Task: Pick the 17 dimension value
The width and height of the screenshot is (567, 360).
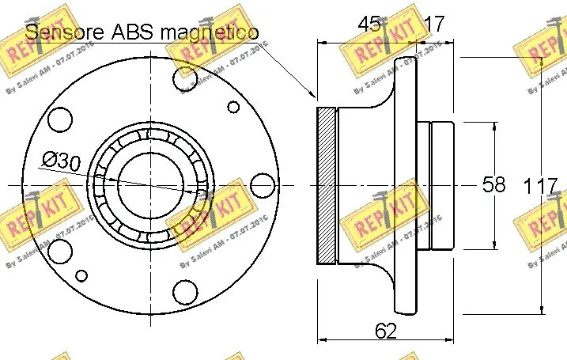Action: pos(433,25)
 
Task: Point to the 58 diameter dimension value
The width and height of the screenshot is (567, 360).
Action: pos(494,185)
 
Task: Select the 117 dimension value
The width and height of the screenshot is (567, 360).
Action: pos(542,187)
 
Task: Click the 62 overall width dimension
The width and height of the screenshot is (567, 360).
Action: pos(385,332)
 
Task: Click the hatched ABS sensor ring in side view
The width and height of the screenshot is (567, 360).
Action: pos(327,185)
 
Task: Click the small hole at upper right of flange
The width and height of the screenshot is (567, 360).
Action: pos(232,107)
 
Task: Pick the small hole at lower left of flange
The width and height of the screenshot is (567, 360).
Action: pos(81,275)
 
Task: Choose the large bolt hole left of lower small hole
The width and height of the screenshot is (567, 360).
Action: pos(59,251)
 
